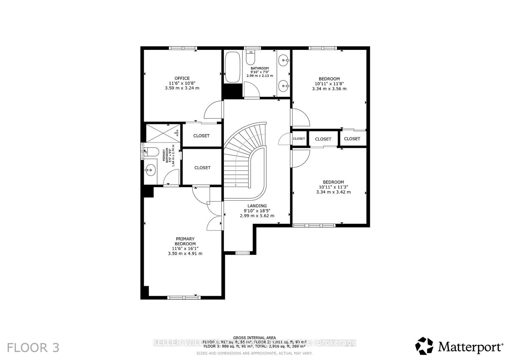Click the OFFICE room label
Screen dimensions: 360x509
coord(182,78)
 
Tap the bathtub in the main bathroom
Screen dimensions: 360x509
coord(233,67)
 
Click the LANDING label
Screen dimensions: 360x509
coord(257,206)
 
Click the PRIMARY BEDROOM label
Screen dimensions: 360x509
coord(185,241)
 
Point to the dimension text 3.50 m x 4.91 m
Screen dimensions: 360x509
coord(185,253)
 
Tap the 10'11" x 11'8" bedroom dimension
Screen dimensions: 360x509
coord(329,84)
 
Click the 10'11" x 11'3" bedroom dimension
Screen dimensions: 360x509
coord(333,187)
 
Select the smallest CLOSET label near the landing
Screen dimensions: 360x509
coord(299,139)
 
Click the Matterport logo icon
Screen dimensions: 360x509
coord(424,346)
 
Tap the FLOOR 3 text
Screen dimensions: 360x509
coord(33,348)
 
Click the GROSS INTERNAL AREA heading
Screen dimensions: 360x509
coord(254,338)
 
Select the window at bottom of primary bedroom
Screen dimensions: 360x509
coord(182,298)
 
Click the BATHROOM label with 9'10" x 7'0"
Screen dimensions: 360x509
coord(260,68)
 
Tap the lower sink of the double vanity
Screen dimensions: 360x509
coord(283,85)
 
